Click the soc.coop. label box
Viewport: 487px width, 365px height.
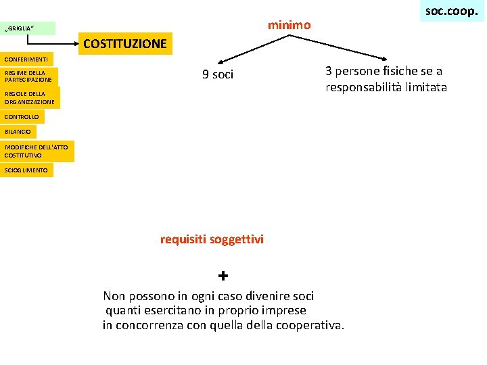tap(452, 11)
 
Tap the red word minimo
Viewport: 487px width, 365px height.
tap(289, 25)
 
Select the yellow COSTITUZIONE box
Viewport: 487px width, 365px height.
tap(125, 44)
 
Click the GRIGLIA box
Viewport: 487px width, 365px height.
tap(28, 28)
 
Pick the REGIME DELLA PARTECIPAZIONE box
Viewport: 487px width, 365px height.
tap(29, 76)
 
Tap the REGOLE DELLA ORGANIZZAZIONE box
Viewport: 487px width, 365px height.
tap(30, 97)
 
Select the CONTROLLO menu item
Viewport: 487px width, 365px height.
tap(22, 117)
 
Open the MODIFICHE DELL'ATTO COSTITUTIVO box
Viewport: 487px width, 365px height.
tap(37, 151)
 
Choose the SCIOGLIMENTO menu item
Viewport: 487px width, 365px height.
tap(26, 170)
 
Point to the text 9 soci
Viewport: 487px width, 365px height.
tap(218, 74)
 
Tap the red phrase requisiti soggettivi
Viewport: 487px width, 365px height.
tap(212, 239)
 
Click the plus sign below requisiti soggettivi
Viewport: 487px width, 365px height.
tap(223, 276)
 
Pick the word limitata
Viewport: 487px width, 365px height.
tap(424, 87)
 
